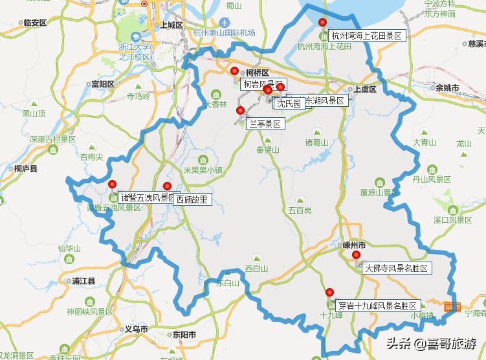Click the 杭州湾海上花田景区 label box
pyautogui.click(x=367, y=36)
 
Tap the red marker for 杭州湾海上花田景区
pyautogui.click(x=323, y=23)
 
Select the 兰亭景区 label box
pyautogui.click(x=265, y=123)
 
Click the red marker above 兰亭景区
pyautogui.click(x=241, y=111)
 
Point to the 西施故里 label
pyautogui.click(x=192, y=199)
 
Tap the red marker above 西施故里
pyautogui.click(x=167, y=186)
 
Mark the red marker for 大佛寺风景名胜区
pyautogui.click(x=356, y=255)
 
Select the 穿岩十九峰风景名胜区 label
pyautogui.click(x=378, y=305)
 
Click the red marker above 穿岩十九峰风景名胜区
pyautogui.click(x=330, y=292)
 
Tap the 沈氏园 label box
pyautogui.click(x=289, y=104)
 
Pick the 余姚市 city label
pyautogui.click(x=447, y=87)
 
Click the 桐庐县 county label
pyautogui.click(x=25, y=168)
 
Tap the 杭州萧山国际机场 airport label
pyautogui.click(x=224, y=33)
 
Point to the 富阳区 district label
pyautogui.click(x=102, y=84)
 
